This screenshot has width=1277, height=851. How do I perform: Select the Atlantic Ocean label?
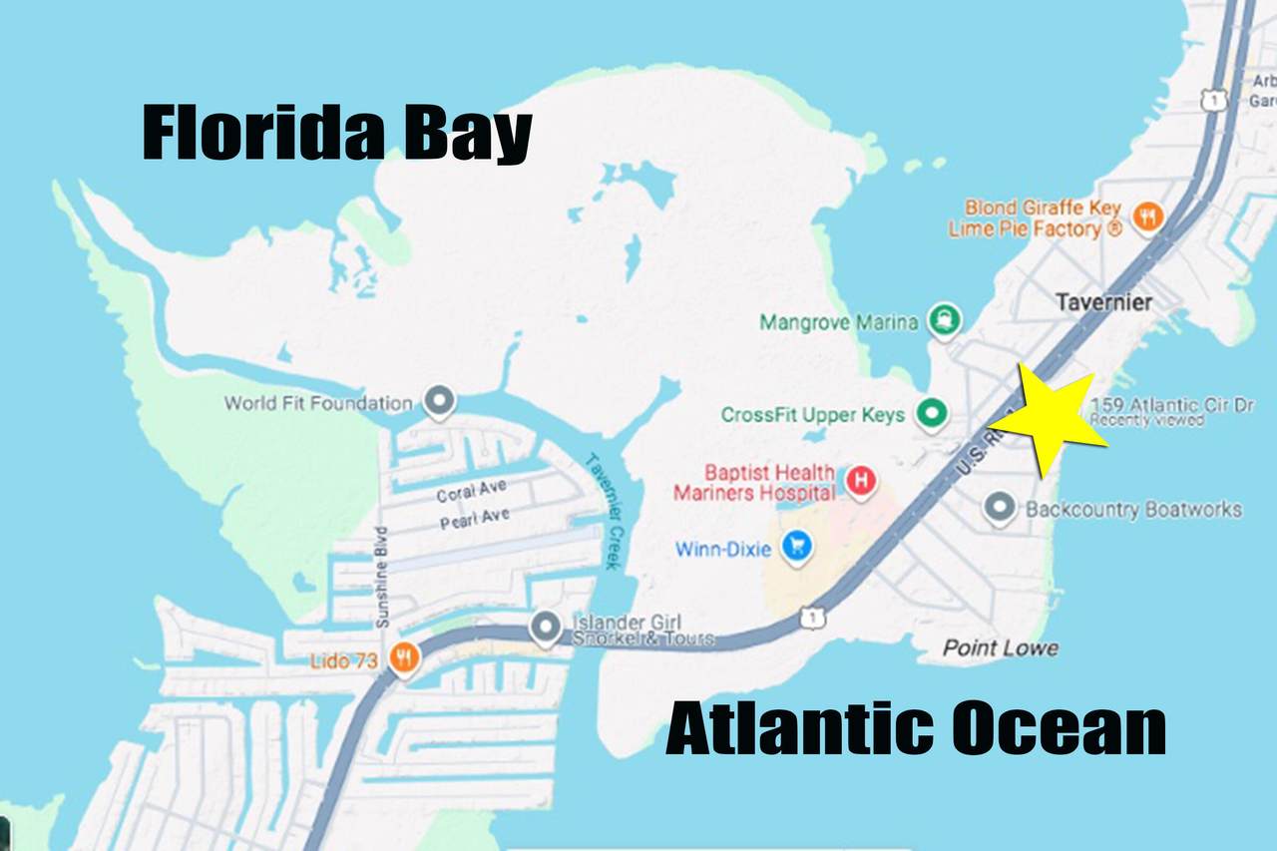[915, 729]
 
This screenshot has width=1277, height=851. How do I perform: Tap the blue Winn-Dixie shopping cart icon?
[796, 546]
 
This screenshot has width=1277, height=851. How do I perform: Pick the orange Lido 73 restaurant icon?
[404, 658]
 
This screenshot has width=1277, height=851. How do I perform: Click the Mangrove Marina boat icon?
[944, 320]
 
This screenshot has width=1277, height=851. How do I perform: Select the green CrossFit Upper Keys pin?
[933, 413]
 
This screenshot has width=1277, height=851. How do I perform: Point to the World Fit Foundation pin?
[439, 402]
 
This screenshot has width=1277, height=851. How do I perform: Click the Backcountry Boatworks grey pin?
[1000, 509]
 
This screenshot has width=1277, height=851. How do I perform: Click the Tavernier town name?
[1102, 301]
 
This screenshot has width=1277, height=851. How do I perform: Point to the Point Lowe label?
[1001, 648]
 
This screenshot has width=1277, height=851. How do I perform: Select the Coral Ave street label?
[471, 491]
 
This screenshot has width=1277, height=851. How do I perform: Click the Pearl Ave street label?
[473, 518]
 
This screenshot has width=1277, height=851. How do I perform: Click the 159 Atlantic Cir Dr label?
[1173, 405]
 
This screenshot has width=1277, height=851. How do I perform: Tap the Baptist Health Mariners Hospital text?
[754, 482]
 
